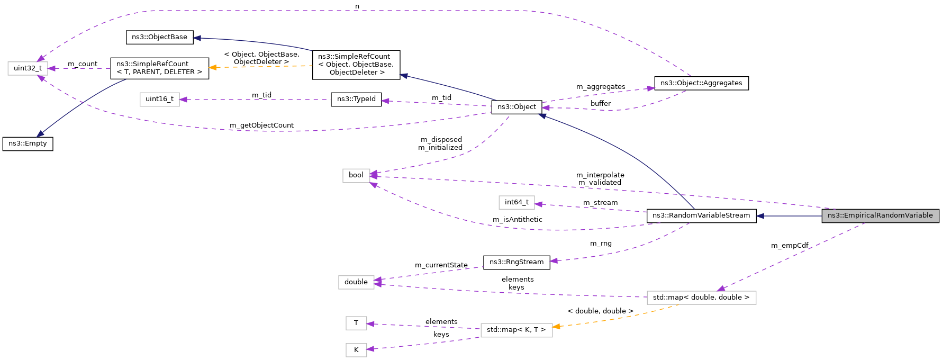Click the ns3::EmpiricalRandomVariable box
pyautogui.click(x=880, y=215)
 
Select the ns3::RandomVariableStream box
pyautogui.click(x=701, y=215)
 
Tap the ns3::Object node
pyautogui.click(x=517, y=107)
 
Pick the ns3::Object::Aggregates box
pyautogui.click(x=701, y=83)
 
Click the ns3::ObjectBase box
pyautogui.click(x=159, y=37)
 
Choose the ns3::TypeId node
pyautogui.click(x=356, y=99)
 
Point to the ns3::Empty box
pyautogui.click(x=28, y=143)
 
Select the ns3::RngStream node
pyautogui.click(x=516, y=262)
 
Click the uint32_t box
pyautogui.click(x=28, y=68)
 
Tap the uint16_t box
pyautogui.click(x=159, y=99)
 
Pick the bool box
pyautogui.click(x=356, y=175)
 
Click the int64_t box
pyautogui.click(x=516, y=202)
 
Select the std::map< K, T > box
pyautogui.click(x=516, y=330)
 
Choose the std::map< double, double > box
pyautogui.click(x=701, y=298)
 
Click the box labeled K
pyautogui.click(x=356, y=350)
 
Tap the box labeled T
pyautogui.click(x=356, y=323)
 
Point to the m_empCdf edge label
pyautogui.click(x=789, y=246)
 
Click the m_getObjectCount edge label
pyautogui.click(x=261, y=125)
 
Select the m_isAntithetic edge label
pyautogui.click(x=517, y=220)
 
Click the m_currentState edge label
pyautogui.click(x=441, y=265)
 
